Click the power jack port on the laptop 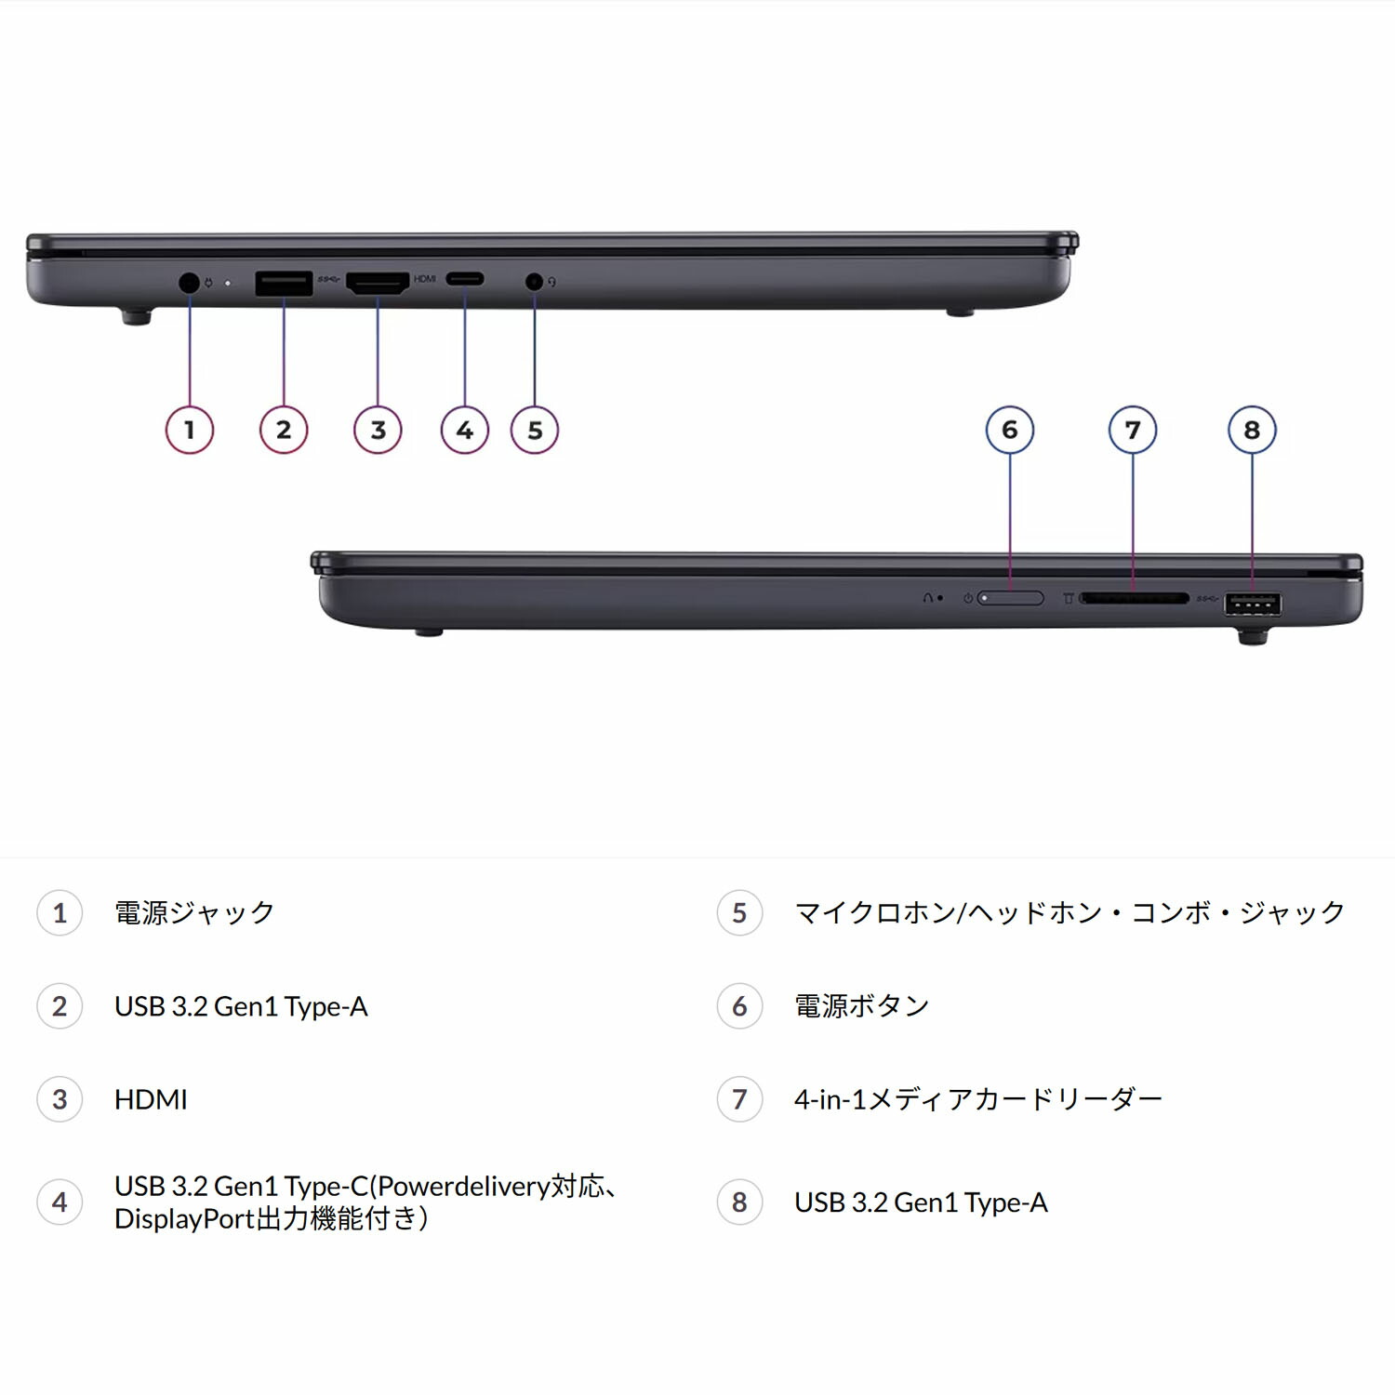[x=189, y=282]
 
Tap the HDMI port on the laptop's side [x=378, y=283]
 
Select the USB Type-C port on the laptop [x=464, y=279]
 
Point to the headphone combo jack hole [x=534, y=280]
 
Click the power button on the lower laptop [x=1011, y=598]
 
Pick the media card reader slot [x=1134, y=599]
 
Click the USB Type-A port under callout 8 [x=1253, y=604]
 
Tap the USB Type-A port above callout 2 [x=284, y=283]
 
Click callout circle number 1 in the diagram [x=190, y=430]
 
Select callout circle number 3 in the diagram [x=378, y=430]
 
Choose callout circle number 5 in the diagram [x=535, y=430]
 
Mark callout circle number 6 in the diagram [x=1010, y=430]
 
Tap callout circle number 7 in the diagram [x=1133, y=430]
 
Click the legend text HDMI [x=151, y=1099]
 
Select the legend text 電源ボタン [x=862, y=1005]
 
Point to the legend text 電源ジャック [x=194, y=912]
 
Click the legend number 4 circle [x=60, y=1202]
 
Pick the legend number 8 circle [x=739, y=1202]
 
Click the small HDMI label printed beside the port [x=425, y=279]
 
